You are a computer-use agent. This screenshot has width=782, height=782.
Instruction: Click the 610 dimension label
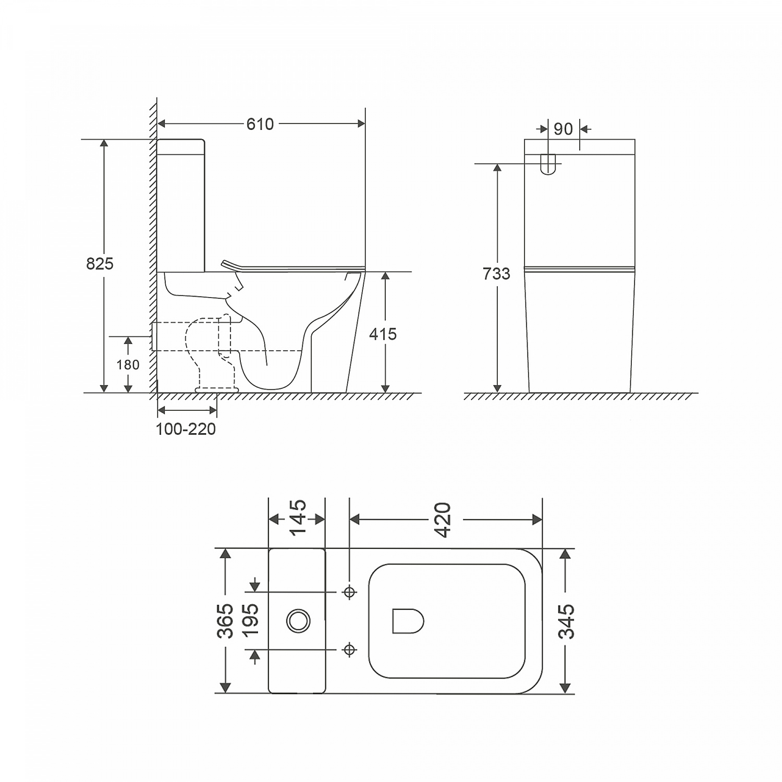coord(260,124)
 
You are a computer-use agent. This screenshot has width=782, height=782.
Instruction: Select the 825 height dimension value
coord(100,264)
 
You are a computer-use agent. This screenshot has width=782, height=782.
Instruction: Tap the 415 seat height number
coord(383,334)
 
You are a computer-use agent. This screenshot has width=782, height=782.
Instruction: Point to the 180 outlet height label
coord(128,364)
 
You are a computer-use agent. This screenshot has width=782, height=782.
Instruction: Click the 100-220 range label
coord(186,429)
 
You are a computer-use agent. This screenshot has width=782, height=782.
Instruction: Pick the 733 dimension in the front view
coord(496,274)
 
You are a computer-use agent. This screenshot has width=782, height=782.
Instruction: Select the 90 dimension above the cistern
coord(563,129)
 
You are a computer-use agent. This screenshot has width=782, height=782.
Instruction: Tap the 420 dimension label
coord(443,520)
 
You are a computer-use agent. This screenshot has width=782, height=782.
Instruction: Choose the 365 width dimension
coord(225,621)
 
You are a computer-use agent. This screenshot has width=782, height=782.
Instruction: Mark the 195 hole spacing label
coord(251,619)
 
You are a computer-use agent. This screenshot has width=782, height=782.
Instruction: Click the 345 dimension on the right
coord(566,621)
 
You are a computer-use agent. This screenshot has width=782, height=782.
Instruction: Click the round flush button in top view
coord(298,621)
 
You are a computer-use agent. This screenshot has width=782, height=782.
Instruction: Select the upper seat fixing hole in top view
coord(349,592)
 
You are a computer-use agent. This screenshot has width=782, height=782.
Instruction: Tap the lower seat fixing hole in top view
coord(349,650)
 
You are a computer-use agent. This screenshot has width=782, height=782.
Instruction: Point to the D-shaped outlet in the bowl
coord(407,621)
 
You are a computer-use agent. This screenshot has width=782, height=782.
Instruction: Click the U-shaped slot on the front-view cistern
coord(548,164)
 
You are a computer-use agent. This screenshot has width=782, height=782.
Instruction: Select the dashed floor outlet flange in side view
coord(216,389)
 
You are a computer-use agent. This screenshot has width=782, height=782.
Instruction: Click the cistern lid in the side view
coord(180,147)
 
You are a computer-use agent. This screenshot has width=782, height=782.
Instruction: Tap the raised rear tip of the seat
coord(225,263)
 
